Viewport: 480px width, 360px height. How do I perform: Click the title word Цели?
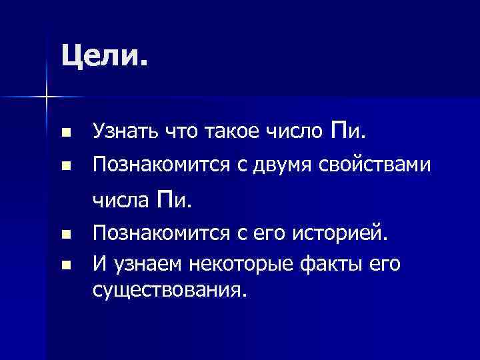pyautogui.click(x=103, y=55)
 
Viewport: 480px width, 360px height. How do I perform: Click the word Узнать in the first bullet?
pyautogui.click(x=123, y=133)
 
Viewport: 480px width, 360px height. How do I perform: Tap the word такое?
pyautogui.click(x=218, y=133)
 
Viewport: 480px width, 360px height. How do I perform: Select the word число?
pyautogui.click(x=290, y=133)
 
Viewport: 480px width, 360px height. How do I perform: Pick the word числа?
pyautogui.click(x=121, y=198)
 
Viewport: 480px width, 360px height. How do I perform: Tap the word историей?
pyautogui.click(x=333, y=234)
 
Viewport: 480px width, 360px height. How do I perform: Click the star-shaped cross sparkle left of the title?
pyautogui.click(x=46, y=97)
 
